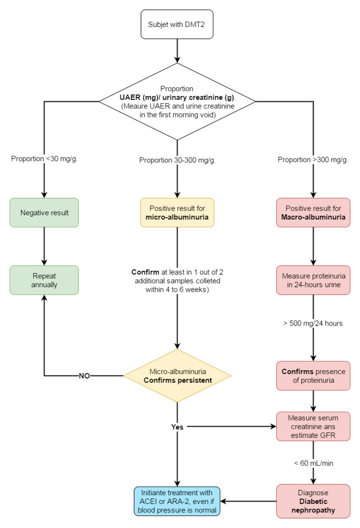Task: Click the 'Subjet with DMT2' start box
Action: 177,24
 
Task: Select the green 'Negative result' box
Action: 44,213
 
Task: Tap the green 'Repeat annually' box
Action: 44,280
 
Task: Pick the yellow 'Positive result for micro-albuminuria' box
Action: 177,213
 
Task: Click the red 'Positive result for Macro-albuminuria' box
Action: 313,213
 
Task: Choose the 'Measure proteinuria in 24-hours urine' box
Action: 313,280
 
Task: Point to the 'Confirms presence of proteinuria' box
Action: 313,376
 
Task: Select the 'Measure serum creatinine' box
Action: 313,426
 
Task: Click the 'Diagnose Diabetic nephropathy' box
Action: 313,501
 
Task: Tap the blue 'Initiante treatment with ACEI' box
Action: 177,501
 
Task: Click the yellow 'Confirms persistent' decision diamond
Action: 177,376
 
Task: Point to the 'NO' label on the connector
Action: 84,376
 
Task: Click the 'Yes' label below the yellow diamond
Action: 177,427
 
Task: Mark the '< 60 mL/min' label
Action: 313,463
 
